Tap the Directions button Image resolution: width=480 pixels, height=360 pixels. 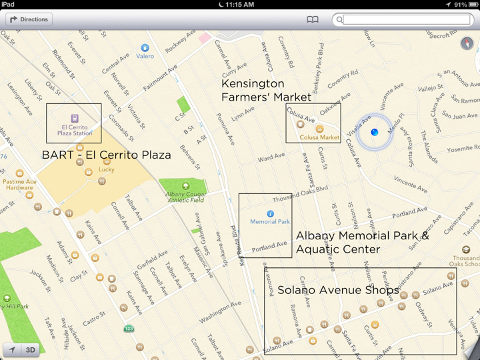click(x=29, y=19)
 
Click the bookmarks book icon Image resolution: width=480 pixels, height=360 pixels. click(x=312, y=20)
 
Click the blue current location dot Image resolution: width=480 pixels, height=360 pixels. click(x=375, y=133)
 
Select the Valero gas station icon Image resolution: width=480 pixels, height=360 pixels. click(x=145, y=48)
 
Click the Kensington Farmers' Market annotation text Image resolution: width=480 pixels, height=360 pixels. click(x=266, y=91)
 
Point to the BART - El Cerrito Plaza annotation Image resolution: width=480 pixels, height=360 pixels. click(x=106, y=155)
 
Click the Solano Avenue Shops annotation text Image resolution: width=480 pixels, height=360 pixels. click(x=338, y=290)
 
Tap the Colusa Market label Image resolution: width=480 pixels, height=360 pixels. click(x=319, y=137)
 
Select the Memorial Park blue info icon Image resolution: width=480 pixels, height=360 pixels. click(x=270, y=214)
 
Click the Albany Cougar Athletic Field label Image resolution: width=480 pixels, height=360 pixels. click(x=185, y=197)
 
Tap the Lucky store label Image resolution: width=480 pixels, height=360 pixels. click(x=107, y=169)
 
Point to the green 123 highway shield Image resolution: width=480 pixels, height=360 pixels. click(x=128, y=329)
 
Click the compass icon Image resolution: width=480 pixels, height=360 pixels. click(x=467, y=44)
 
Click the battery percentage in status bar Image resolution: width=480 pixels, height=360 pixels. click(x=460, y=5)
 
